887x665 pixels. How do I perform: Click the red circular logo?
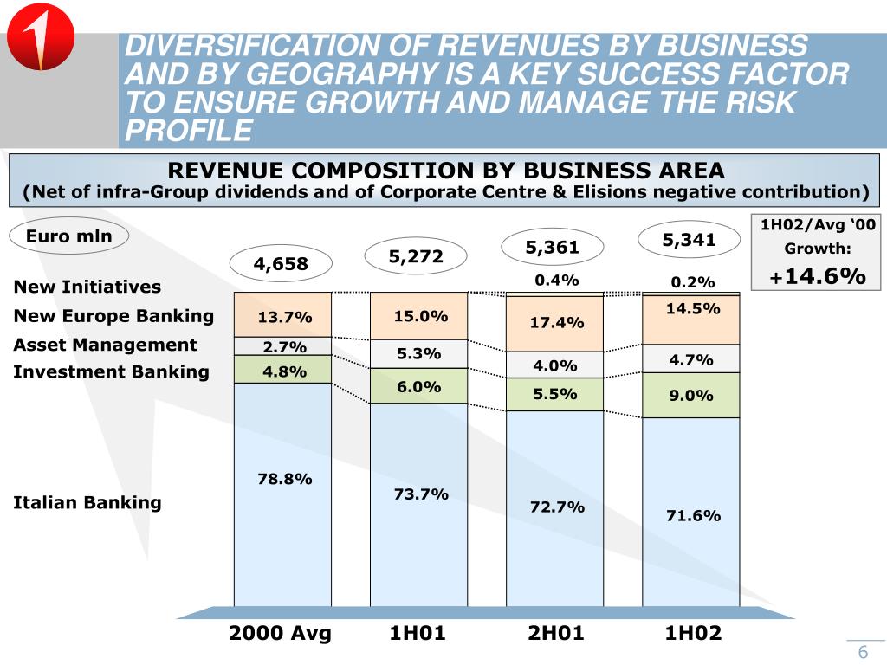41,41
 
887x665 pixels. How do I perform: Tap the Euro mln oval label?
68,236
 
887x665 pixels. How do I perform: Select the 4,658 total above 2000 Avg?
281,264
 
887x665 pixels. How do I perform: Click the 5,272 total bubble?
416,256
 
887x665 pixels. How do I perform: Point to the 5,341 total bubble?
689,240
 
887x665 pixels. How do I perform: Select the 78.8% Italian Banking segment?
284,494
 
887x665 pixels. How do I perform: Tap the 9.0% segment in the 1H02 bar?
690,396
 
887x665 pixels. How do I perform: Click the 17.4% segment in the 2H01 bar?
556,323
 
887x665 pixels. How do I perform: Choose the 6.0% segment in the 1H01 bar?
419,386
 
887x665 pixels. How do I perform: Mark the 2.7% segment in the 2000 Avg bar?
284,346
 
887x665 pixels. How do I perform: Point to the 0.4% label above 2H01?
556,280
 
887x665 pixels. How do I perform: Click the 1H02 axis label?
693,633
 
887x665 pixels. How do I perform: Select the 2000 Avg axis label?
280,633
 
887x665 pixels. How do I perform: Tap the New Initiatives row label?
87,287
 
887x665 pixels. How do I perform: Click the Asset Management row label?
105,345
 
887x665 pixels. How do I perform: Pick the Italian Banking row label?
87,502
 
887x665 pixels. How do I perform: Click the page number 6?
863,653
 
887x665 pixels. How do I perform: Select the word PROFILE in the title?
189,131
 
